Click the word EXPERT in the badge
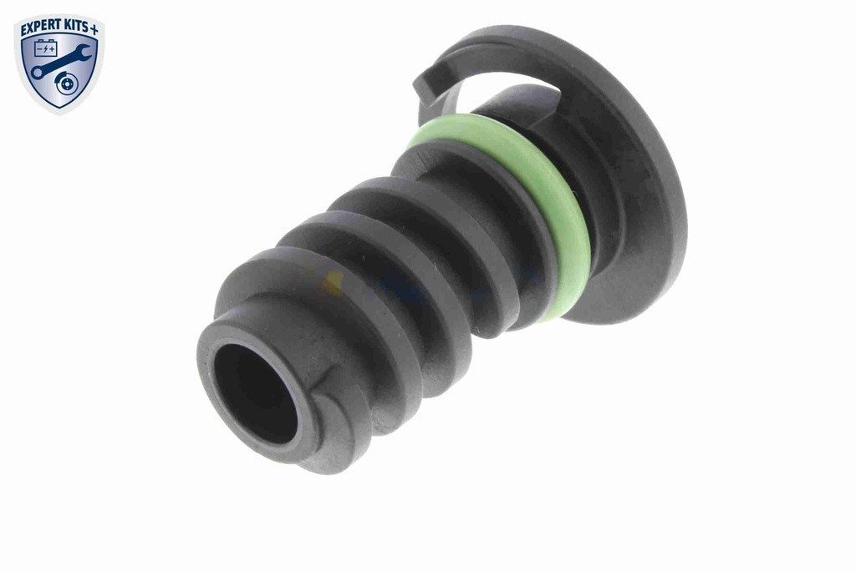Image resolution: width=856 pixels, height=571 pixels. (x=40, y=29)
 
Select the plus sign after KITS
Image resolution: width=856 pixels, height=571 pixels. (x=94, y=29)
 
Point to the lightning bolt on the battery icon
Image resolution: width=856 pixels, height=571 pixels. (x=45, y=50)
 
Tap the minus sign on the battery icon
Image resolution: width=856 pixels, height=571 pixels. (x=39, y=50)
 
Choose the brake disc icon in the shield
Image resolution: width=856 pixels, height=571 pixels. (x=66, y=83)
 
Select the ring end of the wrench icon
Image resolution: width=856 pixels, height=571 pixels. (x=37, y=72)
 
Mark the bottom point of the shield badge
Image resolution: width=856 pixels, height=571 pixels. (x=59, y=114)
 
